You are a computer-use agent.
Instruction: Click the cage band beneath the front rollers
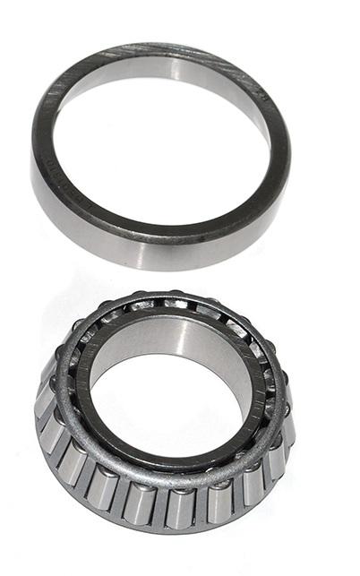[x=170, y=529]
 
